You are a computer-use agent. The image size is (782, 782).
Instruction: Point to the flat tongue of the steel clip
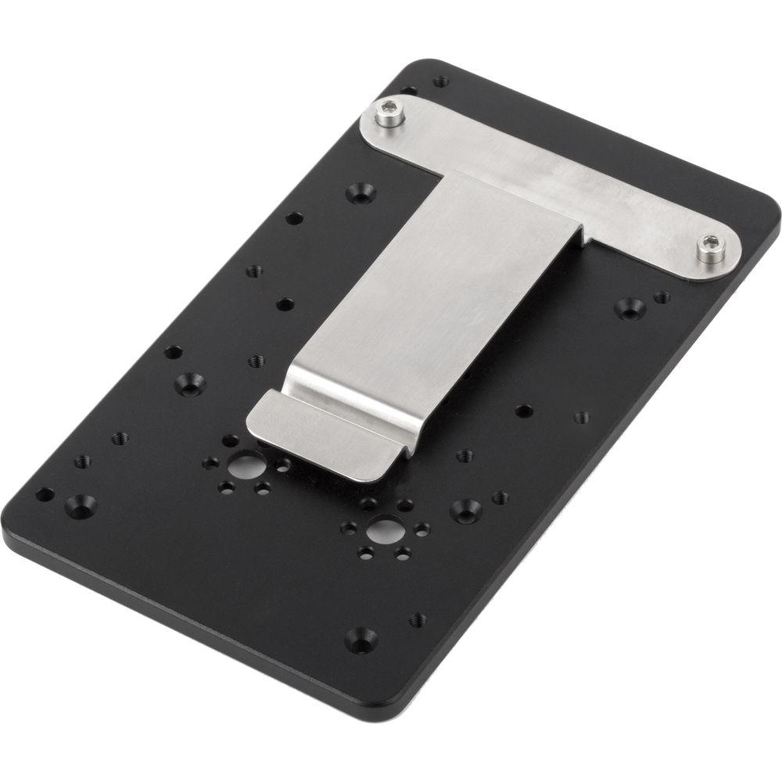438,297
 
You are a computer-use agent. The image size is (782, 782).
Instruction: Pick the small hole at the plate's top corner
441,81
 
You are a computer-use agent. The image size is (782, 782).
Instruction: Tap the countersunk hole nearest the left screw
361,191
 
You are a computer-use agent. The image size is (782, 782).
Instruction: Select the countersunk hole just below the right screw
630,307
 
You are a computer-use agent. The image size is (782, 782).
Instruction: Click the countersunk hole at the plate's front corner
361,640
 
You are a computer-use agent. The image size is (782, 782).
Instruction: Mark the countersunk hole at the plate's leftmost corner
81,504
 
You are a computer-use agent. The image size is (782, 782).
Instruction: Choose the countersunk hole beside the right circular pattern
465,510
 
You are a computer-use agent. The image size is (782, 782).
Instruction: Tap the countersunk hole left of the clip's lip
188,383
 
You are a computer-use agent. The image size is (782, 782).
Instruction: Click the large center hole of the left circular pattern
245,467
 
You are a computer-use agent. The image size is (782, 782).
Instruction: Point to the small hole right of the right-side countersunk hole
662,297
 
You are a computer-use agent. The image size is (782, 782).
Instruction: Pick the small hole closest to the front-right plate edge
418,619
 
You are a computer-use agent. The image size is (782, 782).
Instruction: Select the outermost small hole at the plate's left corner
45,494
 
